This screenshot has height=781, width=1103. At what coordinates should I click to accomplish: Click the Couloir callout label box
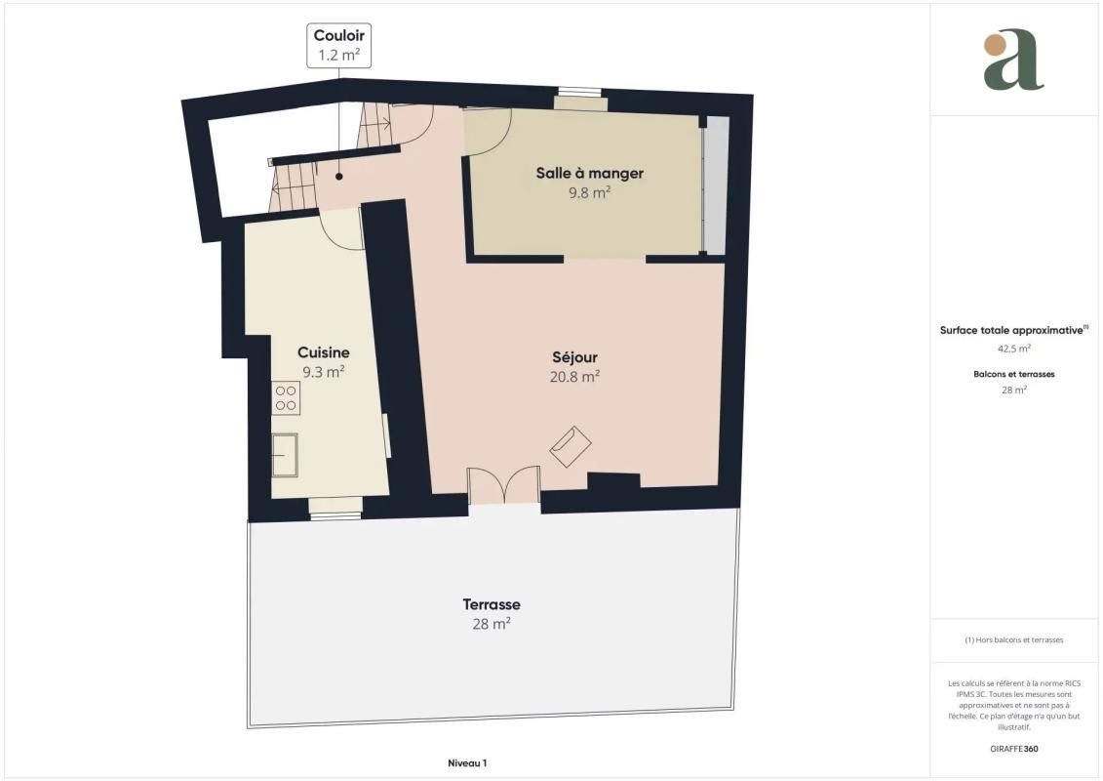(x=339, y=45)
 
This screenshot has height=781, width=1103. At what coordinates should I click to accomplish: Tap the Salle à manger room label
(x=589, y=173)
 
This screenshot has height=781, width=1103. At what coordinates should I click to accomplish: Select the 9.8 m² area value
(x=589, y=192)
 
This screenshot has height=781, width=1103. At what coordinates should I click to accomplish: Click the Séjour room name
(x=574, y=357)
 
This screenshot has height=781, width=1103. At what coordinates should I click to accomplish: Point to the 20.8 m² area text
(x=574, y=377)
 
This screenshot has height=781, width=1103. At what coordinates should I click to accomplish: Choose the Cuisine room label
(x=324, y=352)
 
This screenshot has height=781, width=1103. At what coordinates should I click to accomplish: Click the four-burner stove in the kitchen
(x=287, y=398)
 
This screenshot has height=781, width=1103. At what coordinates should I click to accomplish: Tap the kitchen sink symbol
(x=285, y=455)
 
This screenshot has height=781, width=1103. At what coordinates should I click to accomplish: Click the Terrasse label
(x=492, y=604)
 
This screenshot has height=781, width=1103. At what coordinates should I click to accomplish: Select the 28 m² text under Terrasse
(x=492, y=624)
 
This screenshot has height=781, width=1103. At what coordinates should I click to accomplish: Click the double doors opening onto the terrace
(x=503, y=485)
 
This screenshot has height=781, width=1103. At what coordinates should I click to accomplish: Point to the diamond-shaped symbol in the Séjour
(x=571, y=446)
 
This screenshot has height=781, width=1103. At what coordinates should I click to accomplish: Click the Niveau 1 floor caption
(x=467, y=762)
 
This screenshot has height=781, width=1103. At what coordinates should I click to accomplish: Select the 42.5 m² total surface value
(x=1013, y=348)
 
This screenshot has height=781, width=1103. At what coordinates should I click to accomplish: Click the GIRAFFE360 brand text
(x=1013, y=749)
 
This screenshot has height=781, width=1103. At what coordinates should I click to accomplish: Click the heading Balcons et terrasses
(x=1013, y=374)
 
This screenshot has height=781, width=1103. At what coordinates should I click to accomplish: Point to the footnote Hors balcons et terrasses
(x=1013, y=640)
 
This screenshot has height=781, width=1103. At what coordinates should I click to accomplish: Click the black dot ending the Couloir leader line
(x=339, y=177)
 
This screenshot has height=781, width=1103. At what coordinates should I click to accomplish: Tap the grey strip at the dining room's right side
(x=716, y=185)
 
